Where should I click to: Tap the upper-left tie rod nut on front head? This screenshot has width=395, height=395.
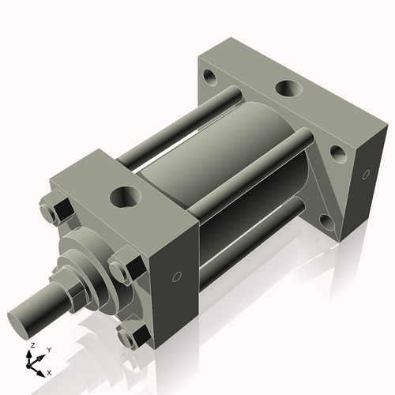coord(58,211)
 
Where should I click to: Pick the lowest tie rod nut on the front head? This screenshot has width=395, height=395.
coord(130,336)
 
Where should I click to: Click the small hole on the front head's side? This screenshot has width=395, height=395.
coord(177,276)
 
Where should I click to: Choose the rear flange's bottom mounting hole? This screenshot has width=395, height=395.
coord(324,216)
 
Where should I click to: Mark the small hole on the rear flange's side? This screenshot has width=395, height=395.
coord(366,174)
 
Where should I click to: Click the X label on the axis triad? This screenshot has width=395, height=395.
coord(50,371)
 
